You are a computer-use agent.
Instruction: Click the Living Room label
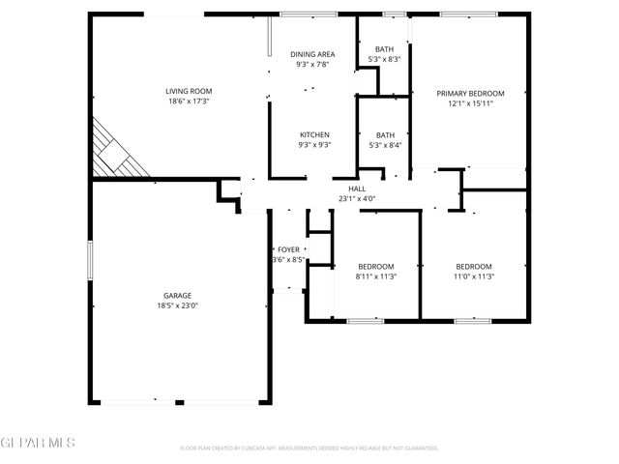[x=188, y=91]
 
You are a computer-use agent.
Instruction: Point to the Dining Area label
[x=311, y=54]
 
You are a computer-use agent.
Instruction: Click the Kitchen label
[x=314, y=134]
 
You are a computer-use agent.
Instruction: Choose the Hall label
[x=357, y=189]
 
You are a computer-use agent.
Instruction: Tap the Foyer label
[x=289, y=249]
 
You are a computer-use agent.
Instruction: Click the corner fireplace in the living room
[x=116, y=153]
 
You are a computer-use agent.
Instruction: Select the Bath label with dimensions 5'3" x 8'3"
[x=384, y=49]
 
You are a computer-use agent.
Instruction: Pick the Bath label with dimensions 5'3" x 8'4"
[x=384, y=135]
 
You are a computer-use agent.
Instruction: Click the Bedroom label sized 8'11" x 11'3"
[x=375, y=267]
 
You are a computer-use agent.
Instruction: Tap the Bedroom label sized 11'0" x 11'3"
[x=474, y=267]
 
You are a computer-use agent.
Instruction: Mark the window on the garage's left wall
[x=90, y=261]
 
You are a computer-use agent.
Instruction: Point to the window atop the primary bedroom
[x=468, y=14]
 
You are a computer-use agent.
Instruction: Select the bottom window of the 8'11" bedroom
[x=367, y=319]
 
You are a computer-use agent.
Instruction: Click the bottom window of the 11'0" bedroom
[x=475, y=319]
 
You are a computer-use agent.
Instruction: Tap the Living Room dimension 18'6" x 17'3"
[x=188, y=101]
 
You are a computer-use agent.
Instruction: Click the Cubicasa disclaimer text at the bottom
[x=309, y=449]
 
